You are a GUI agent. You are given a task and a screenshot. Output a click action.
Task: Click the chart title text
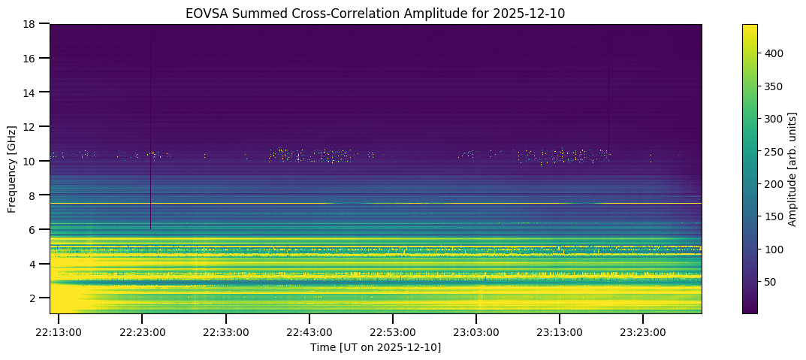(376, 13)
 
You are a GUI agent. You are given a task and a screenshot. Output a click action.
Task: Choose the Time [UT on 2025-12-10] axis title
(376, 346)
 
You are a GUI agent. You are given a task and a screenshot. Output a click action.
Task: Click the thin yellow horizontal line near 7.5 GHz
(451, 204)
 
